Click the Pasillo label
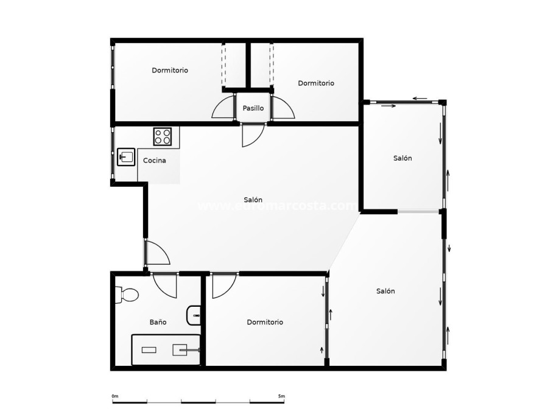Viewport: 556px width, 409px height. coord(253,108)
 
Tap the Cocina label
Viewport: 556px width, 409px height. coord(154,161)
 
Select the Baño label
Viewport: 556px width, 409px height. coord(158,322)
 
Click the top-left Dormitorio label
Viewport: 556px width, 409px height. coord(170,71)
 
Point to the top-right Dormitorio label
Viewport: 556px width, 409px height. coord(315,83)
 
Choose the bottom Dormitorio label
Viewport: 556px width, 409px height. coord(265,322)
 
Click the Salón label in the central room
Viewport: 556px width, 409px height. coord(253,200)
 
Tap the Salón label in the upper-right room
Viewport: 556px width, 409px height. coord(402,158)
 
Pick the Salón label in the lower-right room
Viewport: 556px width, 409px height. coord(385,291)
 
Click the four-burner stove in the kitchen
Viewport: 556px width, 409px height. coord(163,136)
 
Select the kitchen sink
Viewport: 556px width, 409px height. coord(126,157)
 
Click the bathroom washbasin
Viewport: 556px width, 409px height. coord(194,314)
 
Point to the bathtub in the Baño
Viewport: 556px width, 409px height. coord(166,350)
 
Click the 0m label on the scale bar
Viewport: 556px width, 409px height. coord(115,396)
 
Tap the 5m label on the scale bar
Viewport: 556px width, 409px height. coord(281,396)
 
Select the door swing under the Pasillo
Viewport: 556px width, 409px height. coord(252,135)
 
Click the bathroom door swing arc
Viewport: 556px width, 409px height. coord(164,284)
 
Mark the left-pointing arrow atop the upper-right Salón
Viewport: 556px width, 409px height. coord(418,98)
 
